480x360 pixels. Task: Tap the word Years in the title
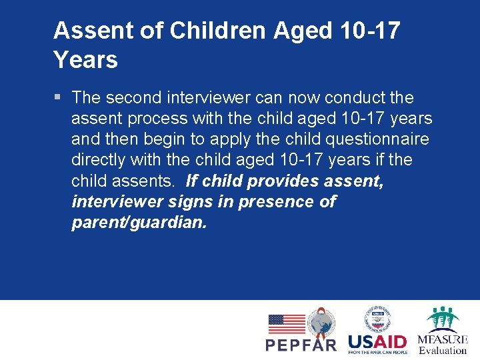(x=85, y=60)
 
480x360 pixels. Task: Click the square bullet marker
(x=58, y=98)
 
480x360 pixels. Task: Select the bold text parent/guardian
(x=139, y=222)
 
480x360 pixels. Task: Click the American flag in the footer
(x=287, y=324)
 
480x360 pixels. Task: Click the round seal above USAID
(x=377, y=319)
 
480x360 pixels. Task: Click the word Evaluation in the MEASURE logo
(x=443, y=350)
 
